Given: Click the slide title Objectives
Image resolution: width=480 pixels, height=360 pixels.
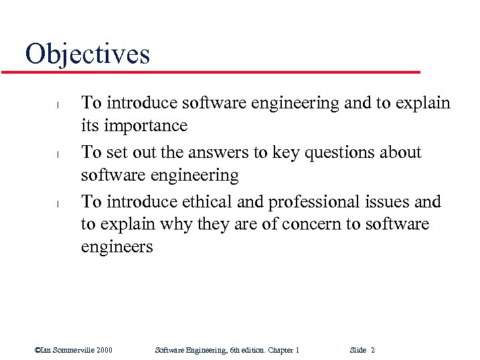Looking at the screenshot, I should click(87, 54).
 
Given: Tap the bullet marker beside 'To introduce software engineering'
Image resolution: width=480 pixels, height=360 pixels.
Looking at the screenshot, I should click(58, 104).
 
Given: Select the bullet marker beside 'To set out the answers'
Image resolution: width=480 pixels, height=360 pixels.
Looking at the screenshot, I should click(58, 154).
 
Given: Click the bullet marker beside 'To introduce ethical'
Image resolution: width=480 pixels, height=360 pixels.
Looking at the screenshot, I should click(58, 203).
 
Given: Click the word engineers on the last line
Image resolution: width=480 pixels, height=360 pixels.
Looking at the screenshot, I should click(116, 248).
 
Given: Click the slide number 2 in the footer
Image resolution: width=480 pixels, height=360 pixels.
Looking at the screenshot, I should click(372, 350).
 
